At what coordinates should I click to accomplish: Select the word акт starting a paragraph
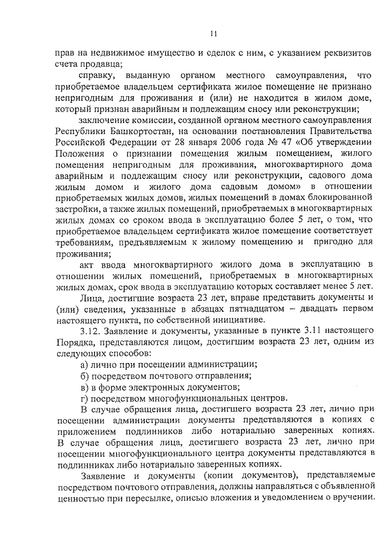coord(89,264)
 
